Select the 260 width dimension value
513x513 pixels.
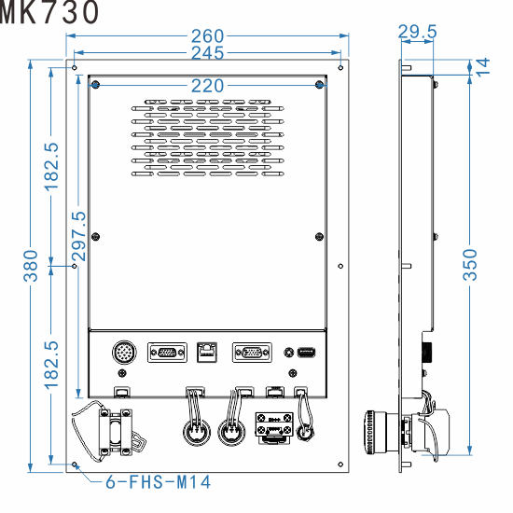[207, 37]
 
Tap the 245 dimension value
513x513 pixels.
[207, 53]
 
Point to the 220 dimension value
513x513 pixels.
[207, 86]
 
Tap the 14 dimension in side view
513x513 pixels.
[482, 65]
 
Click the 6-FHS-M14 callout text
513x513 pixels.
[157, 482]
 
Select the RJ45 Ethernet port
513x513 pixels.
[206, 353]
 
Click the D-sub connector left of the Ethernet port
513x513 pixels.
[166, 353]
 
